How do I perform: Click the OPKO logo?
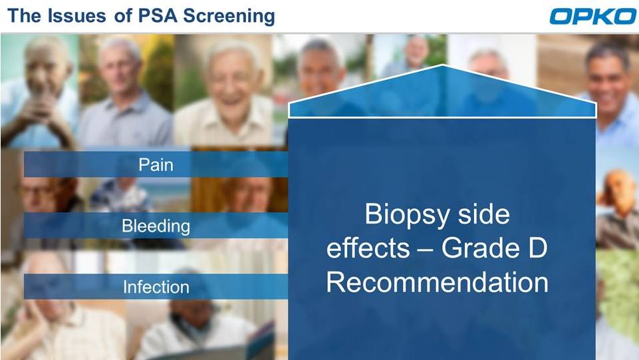(592, 17)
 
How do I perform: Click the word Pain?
(156, 165)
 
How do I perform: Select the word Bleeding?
(156, 226)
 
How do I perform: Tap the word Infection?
(156, 287)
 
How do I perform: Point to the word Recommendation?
(438, 281)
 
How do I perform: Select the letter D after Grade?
(538, 248)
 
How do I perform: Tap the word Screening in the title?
(229, 17)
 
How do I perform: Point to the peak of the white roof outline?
(443, 65)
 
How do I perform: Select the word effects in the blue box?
(368, 248)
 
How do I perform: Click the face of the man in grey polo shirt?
(121, 67)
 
